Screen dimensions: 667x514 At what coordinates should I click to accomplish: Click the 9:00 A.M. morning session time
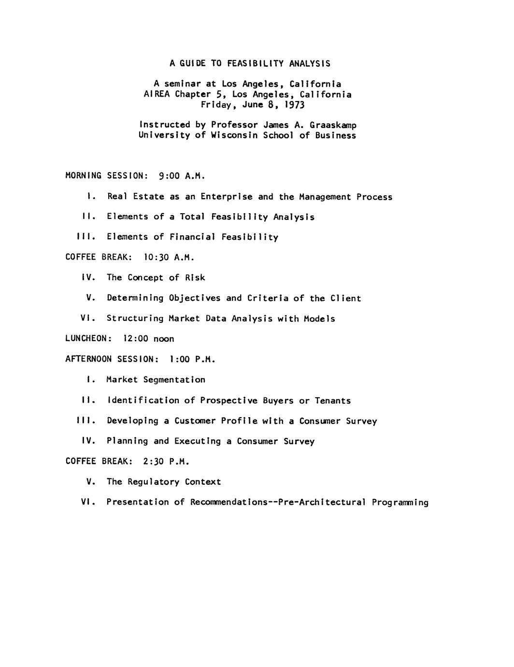tap(182, 176)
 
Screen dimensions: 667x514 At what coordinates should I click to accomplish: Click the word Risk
tap(195, 278)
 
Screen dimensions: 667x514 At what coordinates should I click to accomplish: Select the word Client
tap(345, 298)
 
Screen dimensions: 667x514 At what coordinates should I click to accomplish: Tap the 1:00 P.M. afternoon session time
tap(192, 360)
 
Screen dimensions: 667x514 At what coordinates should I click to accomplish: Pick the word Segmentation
tap(174, 380)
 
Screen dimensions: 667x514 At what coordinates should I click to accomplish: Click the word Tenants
tap(333, 401)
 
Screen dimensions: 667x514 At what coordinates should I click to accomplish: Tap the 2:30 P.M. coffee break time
tap(166, 462)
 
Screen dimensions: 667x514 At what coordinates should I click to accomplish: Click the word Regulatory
tap(153, 482)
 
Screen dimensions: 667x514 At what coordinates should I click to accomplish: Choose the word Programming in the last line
tap(400, 503)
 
